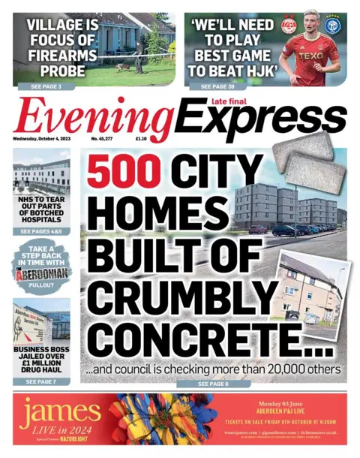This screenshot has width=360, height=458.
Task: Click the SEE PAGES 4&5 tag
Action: tap(41, 232)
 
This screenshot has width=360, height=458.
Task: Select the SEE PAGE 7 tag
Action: tap(41, 382)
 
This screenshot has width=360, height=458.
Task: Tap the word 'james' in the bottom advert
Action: tap(60, 411)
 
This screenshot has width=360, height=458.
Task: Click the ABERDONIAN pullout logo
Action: tap(42, 275)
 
